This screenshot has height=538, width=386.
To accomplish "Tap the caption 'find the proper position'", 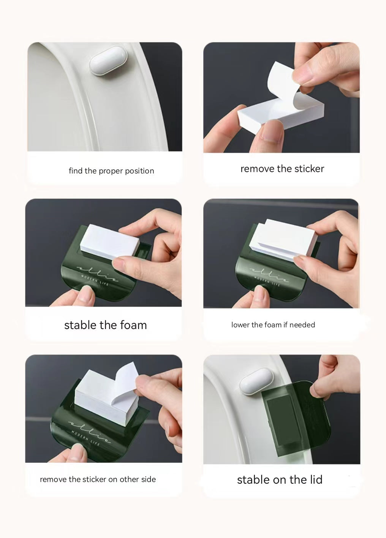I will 111,171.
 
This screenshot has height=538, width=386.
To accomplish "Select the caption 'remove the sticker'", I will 282,169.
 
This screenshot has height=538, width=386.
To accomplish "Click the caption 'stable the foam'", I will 105,325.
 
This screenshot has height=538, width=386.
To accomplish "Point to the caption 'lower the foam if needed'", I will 273,325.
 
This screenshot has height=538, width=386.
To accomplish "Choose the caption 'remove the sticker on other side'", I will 98,479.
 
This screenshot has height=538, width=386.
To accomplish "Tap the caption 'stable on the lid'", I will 280,480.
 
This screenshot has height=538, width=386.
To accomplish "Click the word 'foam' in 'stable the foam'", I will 133,325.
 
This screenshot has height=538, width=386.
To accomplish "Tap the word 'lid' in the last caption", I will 315,480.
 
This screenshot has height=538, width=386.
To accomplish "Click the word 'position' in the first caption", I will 139,171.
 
